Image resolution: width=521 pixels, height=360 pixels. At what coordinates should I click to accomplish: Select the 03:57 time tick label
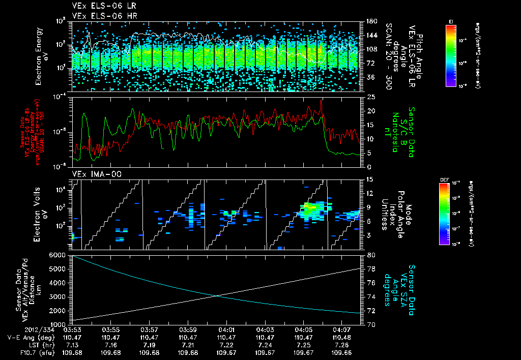click(x=149, y=330)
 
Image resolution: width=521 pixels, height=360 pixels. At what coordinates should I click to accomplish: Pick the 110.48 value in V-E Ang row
click(x=339, y=337)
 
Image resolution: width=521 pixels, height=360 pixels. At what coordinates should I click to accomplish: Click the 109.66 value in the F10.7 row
click(x=339, y=352)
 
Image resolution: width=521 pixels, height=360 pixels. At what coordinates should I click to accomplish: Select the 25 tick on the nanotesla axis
click(x=371, y=97)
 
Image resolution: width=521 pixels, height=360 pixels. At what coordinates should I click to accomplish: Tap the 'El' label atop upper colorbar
click(x=451, y=21)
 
